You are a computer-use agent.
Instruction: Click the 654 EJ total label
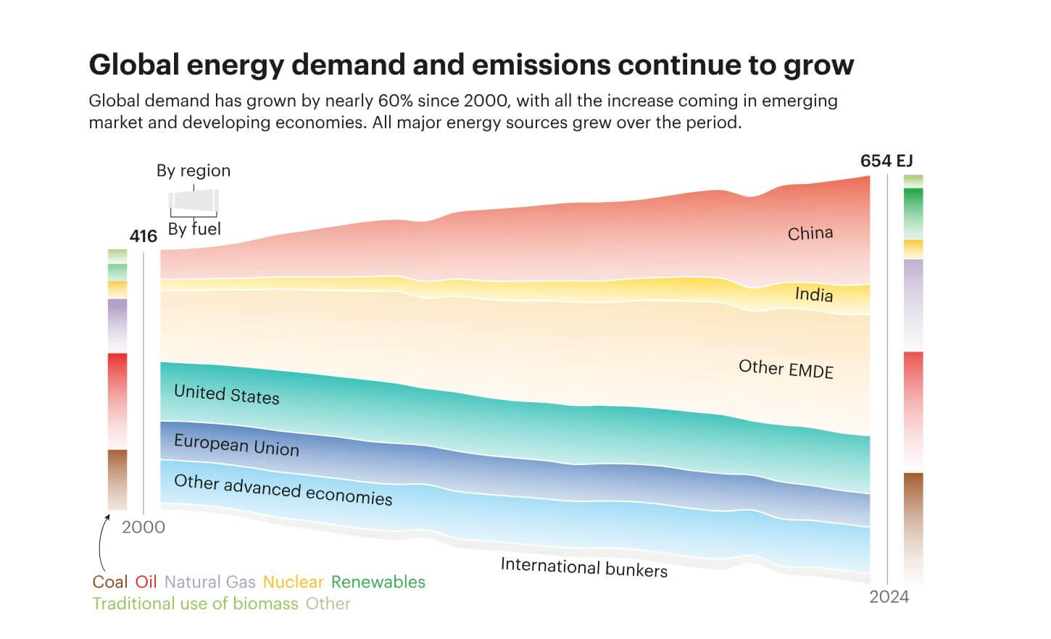886,161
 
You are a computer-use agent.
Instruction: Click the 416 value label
143,236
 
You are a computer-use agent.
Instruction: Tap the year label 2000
143,527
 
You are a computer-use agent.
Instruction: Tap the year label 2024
889,597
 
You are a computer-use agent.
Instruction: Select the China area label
810,233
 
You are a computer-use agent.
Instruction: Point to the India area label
813,294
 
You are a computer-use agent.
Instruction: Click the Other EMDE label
786,369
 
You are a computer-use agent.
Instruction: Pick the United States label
226,394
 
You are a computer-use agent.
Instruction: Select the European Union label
236,445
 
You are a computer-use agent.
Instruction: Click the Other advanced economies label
283,490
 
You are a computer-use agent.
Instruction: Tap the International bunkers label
583,567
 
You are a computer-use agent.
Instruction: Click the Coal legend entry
109,582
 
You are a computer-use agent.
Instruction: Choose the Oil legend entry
146,582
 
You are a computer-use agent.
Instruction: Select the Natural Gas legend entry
209,582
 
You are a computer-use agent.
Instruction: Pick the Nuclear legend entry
293,582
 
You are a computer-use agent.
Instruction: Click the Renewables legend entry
378,582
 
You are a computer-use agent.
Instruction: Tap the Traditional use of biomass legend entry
195,603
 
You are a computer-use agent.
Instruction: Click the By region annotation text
194,171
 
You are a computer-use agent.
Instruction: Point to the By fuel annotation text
194,229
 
